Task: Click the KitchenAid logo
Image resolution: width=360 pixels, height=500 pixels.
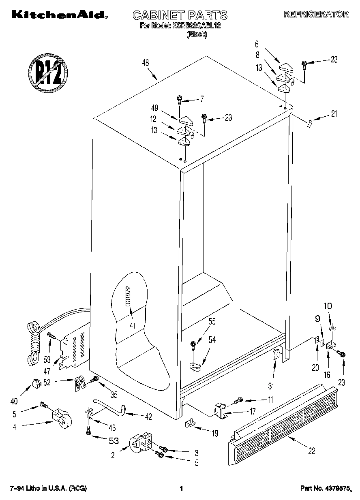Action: (59, 15)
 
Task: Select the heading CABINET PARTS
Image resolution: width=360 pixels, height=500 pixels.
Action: (180, 15)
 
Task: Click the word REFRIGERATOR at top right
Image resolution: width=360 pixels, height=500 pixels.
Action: (316, 14)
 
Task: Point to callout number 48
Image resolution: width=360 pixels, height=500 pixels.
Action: (146, 63)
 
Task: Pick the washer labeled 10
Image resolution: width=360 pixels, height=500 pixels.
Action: (331, 327)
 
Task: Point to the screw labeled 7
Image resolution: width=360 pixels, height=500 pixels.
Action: (179, 98)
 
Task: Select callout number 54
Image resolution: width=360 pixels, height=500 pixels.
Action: (212, 339)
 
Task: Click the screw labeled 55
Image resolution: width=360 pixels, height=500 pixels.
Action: (193, 345)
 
